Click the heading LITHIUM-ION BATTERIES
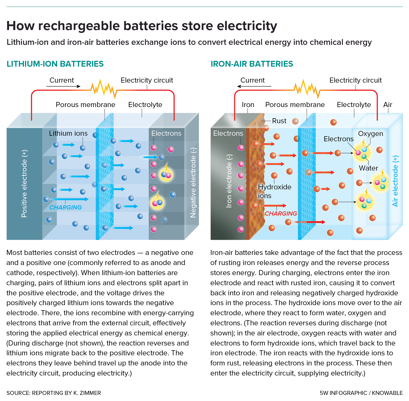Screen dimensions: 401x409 pyautogui.click(x=55, y=64)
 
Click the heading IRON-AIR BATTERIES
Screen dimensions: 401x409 pyautogui.click(x=252, y=64)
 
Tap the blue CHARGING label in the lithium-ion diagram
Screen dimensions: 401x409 pyautogui.click(x=65, y=207)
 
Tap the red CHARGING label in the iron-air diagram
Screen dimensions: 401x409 pyautogui.click(x=281, y=214)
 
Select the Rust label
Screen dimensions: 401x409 pyautogui.click(x=279, y=121)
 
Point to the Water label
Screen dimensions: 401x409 pyautogui.click(x=368, y=168)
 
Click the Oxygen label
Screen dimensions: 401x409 pyautogui.click(x=370, y=134)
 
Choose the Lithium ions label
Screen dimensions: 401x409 pyautogui.click(x=68, y=133)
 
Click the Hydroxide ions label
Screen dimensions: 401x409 pyautogui.click(x=274, y=191)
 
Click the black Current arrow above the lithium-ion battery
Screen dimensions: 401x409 pyautogui.click(x=63, y=86)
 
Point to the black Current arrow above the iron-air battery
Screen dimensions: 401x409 pyautogui.click(x=254, y=86)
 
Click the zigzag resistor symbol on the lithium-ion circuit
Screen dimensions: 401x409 pyautogui.click(x=104, y=88)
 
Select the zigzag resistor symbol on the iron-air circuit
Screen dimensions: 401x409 pyautogui.click(x=307, y=88)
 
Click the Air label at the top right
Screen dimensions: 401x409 pyautogui.click(x=387, y=105)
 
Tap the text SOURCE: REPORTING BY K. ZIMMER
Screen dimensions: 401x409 pyautogui.click(x=54, y=393)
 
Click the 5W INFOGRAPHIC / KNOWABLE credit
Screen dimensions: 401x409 pyautogui.click(x=361, y=393)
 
